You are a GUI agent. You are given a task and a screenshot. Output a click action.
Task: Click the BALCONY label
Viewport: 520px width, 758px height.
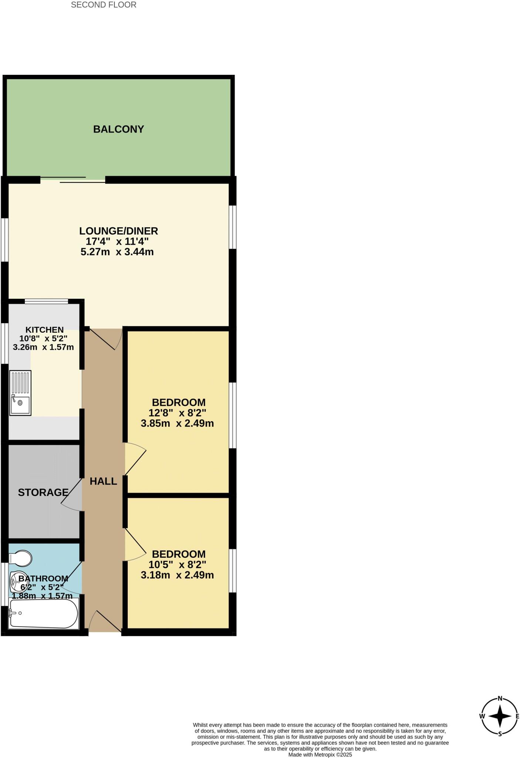point(118,129)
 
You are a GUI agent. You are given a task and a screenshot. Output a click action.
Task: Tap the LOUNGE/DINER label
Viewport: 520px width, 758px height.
point(118,231)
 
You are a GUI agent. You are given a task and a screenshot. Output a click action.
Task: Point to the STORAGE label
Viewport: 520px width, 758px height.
point(43,492)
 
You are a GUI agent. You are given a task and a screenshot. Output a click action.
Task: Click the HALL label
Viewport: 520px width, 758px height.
point(103,481)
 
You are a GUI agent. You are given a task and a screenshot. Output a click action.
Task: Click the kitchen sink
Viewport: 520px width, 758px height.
point(21,393)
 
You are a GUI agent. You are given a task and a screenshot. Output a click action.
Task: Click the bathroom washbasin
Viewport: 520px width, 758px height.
point(17,582)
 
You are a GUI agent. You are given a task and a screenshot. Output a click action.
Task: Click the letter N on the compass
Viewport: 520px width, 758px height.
point(500,699)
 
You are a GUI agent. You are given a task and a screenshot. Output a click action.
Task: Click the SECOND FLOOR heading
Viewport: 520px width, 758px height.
point(104,5)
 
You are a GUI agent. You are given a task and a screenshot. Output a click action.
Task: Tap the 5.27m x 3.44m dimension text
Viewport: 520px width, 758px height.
point(117,252)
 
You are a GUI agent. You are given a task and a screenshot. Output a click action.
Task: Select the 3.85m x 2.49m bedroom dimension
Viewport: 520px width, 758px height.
point(177,423)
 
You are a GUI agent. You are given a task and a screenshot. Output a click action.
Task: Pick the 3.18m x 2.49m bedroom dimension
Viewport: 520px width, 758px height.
point(177,575)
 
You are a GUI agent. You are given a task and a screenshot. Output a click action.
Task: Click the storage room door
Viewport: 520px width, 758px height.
point(72,495)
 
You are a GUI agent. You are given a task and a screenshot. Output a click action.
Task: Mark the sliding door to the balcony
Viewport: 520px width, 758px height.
point(73,180)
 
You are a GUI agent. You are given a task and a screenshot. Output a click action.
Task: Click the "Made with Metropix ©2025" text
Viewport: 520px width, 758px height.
point(320,754)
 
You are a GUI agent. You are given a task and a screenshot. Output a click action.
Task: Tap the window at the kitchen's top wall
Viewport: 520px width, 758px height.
point(46,301)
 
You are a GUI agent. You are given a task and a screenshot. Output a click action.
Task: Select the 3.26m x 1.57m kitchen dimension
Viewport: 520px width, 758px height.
point(43,347)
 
